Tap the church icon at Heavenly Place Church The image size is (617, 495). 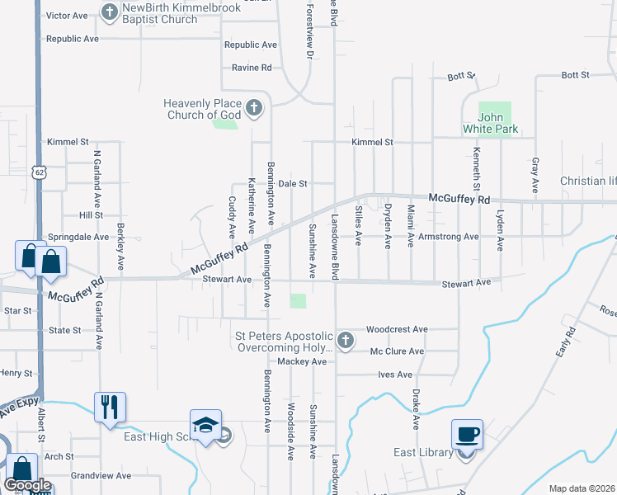(254, 107)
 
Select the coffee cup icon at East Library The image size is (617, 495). (467, 435)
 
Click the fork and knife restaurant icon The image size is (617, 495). (110, 407)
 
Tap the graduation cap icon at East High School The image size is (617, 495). (205, 425)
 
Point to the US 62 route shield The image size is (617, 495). (40, 172)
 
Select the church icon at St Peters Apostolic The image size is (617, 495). (346, 340)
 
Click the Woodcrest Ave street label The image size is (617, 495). (397, 328)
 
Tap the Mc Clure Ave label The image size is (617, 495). (397, 351)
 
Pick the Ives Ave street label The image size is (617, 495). (394, 374)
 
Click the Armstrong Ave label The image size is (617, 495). (448, 236)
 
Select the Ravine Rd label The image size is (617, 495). (252, 68)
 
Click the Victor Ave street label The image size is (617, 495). (67, 16)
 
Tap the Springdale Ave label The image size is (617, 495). (78, 236)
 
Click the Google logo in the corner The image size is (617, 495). (27, 485)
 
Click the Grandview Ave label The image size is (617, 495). (101, 475)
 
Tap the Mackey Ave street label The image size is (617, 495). (303, 361)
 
